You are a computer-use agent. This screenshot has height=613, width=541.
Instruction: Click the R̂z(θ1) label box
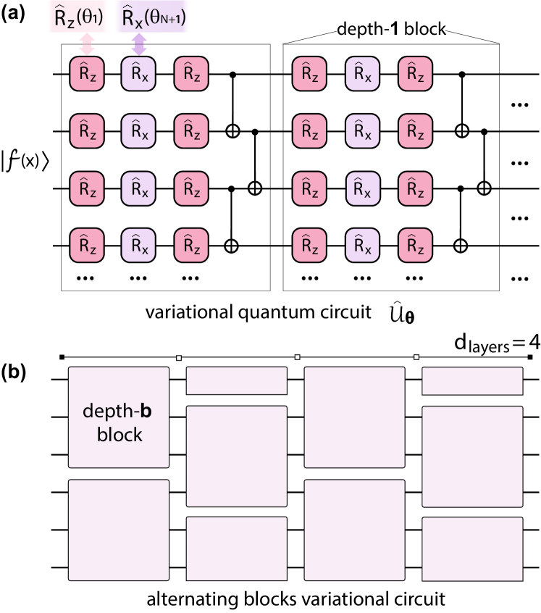(77, 17)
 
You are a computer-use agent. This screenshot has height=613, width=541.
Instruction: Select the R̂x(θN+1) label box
(153, 17)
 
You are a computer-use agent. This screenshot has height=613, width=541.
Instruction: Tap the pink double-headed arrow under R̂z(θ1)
(87, 45)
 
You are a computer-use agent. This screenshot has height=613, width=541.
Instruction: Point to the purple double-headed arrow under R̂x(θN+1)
(138, 45)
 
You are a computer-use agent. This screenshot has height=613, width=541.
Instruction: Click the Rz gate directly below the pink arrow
(87, 74)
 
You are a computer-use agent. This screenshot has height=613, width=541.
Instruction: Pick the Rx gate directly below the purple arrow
(138, 74)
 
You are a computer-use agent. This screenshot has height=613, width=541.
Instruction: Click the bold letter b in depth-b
(146, 412)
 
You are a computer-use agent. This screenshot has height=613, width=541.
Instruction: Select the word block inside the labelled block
(119, 435)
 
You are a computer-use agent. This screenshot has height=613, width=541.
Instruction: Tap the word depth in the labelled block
(107, 412)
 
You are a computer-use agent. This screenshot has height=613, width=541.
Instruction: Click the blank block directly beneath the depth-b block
(119, 530)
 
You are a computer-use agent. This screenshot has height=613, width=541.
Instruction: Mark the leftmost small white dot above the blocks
(178, 357)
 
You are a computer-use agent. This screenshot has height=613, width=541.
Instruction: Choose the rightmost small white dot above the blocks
(416, 357)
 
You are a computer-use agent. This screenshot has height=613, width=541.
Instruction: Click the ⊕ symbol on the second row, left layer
(232, 131)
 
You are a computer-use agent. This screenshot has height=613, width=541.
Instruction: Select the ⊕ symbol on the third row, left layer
(254, 188)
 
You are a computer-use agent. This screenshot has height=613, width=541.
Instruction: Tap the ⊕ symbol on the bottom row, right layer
(460, 246)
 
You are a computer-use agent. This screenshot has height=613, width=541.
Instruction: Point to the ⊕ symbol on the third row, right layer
(484, 188)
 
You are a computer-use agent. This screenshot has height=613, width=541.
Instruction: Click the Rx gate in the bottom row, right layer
(362, 246)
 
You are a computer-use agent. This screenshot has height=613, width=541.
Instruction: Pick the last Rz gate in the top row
(415, 74)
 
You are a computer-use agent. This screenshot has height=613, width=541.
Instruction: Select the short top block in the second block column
(237, 381)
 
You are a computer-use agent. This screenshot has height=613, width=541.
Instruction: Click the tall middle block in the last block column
(472, 456)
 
